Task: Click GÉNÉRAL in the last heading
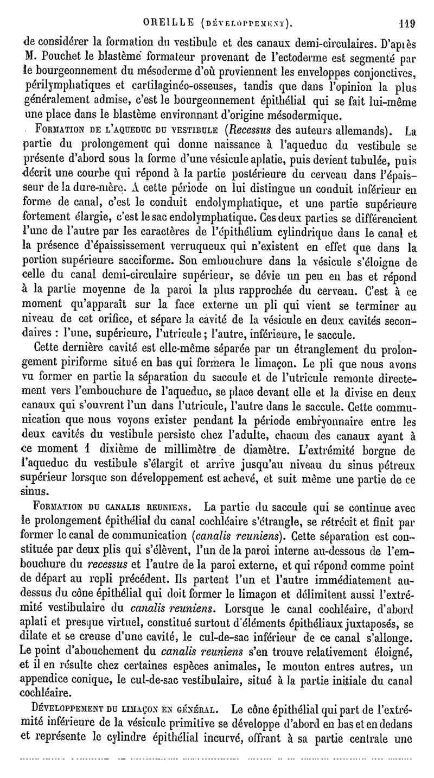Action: (191, 709)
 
